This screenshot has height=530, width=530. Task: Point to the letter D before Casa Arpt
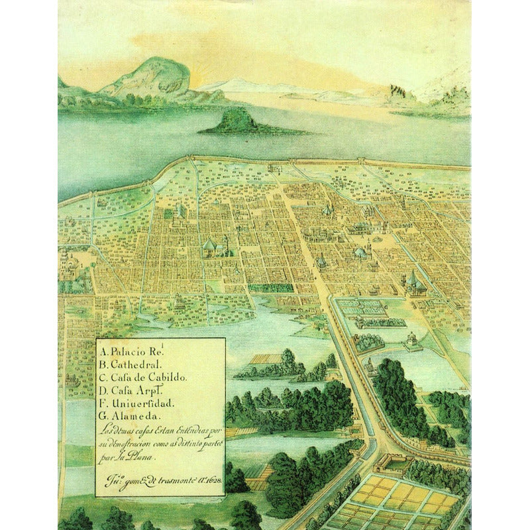(103, 390)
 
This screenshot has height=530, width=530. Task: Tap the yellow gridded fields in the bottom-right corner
(404, 500)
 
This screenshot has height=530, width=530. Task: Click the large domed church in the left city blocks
(211, 246)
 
